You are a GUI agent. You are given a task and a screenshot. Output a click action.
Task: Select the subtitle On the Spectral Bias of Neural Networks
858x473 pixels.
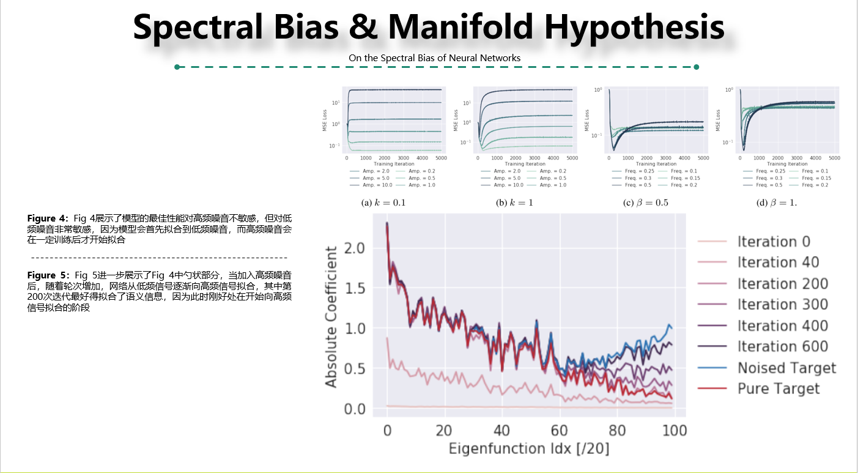click(x=434, y=58)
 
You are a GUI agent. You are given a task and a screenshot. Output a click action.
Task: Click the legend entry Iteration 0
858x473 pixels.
click(x=774, y=242)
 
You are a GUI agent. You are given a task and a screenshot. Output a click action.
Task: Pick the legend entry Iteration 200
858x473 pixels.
click(x=782, y=284)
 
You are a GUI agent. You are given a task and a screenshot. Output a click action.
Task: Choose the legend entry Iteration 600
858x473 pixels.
click(x=782, y=347)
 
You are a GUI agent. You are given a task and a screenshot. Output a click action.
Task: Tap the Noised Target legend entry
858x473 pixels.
click(x=786, y=368)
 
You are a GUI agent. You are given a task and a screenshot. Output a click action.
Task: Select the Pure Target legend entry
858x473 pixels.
click(x=778, y=389)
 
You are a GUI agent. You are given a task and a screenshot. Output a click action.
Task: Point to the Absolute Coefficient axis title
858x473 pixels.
click(x=331, y=316)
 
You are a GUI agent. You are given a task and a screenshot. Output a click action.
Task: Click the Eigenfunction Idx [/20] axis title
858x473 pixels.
click(x=529, y=449)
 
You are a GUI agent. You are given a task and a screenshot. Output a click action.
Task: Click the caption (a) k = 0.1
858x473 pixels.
click(x=383, y=203)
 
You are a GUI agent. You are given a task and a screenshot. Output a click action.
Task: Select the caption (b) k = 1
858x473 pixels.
click(x=514, y=203)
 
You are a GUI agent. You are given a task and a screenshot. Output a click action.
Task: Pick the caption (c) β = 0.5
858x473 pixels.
click(x=645, y=203)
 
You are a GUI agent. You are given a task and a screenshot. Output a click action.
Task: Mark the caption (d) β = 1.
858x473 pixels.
click(x=777, y=203)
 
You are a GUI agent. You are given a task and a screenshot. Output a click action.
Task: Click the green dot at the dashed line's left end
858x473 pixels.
click(x=177, y=67)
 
